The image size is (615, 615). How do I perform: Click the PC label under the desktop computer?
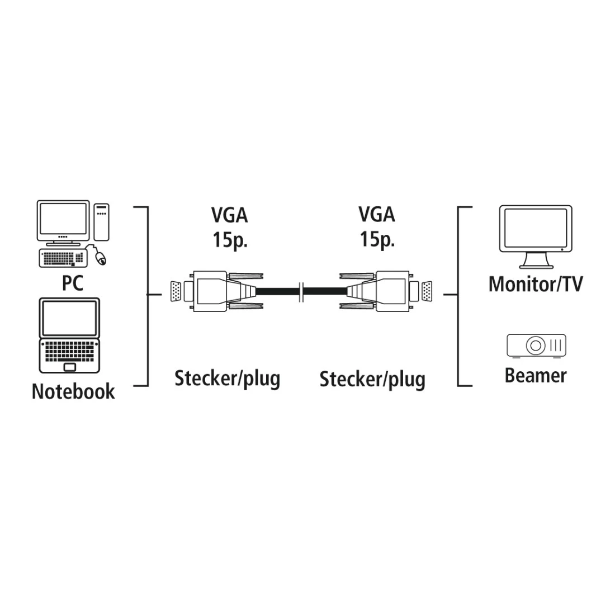[x=73, y=283]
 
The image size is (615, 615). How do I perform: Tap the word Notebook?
[x=73, y=391]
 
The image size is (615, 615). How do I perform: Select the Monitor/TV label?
[x=535, y=283]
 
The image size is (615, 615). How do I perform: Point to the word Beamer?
[x=535, y=375]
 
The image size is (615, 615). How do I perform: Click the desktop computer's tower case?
[x=101, y=221]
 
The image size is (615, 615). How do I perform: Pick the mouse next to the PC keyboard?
[x=101, y=258]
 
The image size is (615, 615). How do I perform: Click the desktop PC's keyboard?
[x=62, y=258]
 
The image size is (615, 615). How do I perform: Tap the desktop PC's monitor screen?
[x=63, y=220]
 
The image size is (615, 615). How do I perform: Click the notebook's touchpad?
[x=70, y=367]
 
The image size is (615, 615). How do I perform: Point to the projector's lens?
[x=536, y=345]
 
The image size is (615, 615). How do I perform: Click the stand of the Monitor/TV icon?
[x=535, y=261]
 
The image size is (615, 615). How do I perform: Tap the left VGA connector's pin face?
[x=176, y=292]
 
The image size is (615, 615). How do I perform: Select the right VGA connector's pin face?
[x=426, y=292]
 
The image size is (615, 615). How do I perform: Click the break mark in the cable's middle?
[x=302, y=291]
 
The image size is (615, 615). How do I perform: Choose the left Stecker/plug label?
[x=227, y=379]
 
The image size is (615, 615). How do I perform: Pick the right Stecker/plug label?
[x=372, y=380]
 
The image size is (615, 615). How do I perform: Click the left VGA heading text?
[x=229, y=215]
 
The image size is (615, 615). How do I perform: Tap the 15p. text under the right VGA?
[x=377, y=239]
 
